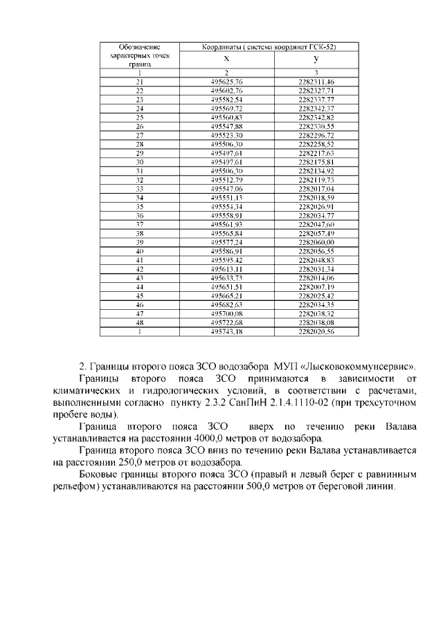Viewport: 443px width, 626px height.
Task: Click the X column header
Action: [x=226, y=59]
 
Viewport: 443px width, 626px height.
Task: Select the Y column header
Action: [x=316, y=59]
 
